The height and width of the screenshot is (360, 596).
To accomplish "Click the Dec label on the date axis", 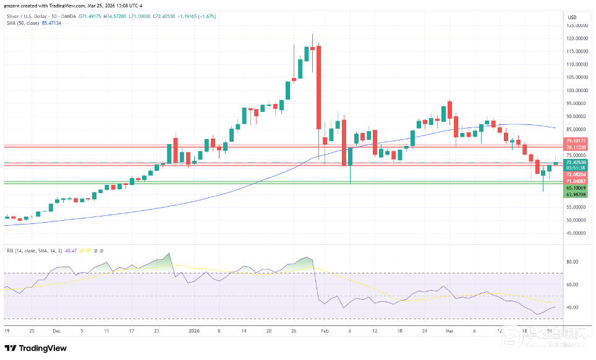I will click(x=56, y=331).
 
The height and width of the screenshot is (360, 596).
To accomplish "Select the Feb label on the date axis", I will click(x=324, y=331).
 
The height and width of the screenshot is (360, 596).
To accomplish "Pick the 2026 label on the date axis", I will click(x=194, y=331).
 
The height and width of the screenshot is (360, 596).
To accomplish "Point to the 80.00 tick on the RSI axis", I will click(x=572, y=262).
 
